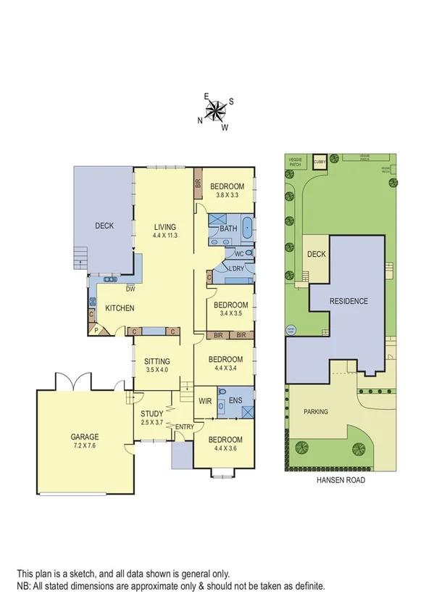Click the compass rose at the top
[x=215, y=110]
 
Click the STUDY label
[x=152, y=413]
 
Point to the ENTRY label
[x=184, y=426]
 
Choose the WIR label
[x=204, y=400]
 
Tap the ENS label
[x=235, y=400]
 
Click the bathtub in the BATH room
[x=247, y=228]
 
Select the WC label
[x=238, y=254]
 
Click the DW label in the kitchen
[x=130, y=289]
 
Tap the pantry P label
[x=96, y=331]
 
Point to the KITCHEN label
[x=119, y=308]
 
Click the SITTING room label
[x=157, y=361]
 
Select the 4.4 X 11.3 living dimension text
[x=165, y=236]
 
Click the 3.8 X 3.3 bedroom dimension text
[x=227, y=195]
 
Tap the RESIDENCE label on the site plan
[x=349, y=301]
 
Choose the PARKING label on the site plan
[x=315, y=411]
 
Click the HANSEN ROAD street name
[x=341, y=480]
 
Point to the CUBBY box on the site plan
[x=320, y=161]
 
